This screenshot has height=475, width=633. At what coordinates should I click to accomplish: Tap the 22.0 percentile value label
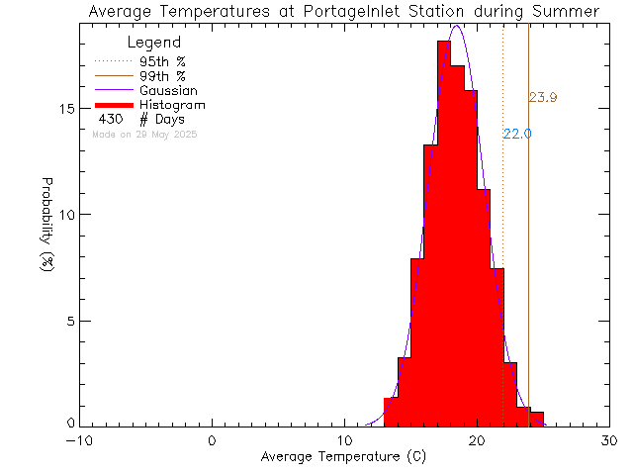coord(517,134)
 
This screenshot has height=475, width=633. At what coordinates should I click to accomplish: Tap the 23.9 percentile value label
coord(543,97)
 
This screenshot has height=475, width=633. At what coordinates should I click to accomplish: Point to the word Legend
coord(154,43)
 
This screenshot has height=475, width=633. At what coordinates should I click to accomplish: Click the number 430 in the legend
coord(111,119)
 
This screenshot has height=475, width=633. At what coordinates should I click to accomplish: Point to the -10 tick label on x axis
coord(80,440)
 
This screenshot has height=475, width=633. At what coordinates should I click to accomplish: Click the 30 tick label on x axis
coord(610,440)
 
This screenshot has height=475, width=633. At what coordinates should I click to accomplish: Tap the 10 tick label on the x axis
coord(345,440)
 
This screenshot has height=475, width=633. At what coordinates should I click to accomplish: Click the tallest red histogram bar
coord(444,237)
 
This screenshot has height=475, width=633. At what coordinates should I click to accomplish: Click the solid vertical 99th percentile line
coord(529,247)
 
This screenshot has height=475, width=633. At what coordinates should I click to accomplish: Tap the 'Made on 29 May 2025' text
coord(144,134)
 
